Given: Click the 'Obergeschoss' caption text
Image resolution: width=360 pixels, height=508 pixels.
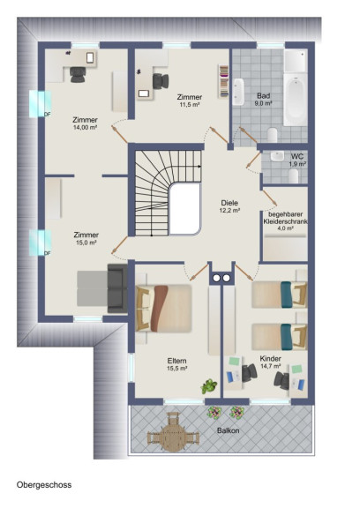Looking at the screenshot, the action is click(x=44, y=485).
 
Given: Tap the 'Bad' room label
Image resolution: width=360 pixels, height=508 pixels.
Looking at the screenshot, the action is click(x=264, y=96).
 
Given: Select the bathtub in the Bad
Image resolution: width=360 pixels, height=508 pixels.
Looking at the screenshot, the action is click(x=296, y=100).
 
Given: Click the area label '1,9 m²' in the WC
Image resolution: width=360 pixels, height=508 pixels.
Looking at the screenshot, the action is click(x=297, y=164).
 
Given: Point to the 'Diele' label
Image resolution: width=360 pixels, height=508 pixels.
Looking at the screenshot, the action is click(x=229, y=203).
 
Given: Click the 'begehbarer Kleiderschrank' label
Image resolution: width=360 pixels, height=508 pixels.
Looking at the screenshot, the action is click(x=285, y=218).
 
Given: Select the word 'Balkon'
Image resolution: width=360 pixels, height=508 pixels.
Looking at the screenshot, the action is click(x=229, y=430).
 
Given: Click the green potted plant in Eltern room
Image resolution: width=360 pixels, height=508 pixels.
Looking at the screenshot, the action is click(x=209, y=386).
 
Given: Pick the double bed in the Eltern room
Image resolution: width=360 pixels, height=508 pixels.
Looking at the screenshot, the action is click(x=163, y=309).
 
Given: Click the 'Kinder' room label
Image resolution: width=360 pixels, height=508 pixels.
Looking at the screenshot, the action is click(x=270, y=359).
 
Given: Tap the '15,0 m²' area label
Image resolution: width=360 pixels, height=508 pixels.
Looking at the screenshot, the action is click(x=86, y=243).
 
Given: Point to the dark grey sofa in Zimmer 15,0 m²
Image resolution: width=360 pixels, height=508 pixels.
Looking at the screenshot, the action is click(x=117, y=288).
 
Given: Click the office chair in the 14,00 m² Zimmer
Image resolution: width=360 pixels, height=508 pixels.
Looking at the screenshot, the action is click(x=78, y=74).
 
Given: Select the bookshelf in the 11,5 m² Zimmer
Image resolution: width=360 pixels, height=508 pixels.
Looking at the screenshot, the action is click(x=223, y=81).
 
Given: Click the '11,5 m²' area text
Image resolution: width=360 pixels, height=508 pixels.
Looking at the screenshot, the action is click(x=190, y=105).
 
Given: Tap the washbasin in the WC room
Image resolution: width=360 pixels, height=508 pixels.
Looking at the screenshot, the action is click(x=277, y=156).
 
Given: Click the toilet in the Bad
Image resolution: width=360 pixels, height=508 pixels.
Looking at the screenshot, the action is click(x=273, y=136).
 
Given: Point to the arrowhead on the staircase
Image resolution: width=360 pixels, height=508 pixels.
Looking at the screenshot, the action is click(x=199, y=167).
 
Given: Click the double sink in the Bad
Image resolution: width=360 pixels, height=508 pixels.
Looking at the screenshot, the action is click(x=238, y=92).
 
